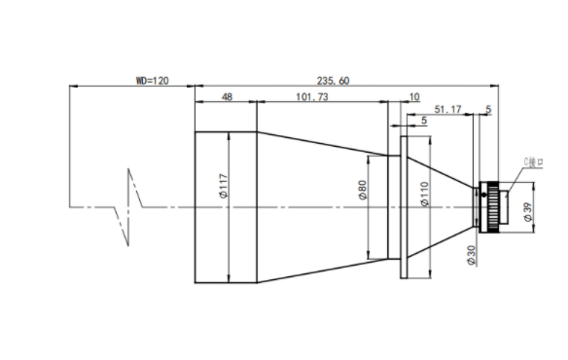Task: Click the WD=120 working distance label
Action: click(152, 81)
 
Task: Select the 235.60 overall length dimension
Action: click(333, 81)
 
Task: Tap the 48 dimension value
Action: click(227, 96)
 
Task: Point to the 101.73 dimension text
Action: click(312, 96)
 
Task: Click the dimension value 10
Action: click(414, 96)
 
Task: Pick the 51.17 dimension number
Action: click(447, 109)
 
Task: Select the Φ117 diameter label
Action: click(224, 186)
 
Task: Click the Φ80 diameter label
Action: click(362, 190)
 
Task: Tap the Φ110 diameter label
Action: click(425, 194)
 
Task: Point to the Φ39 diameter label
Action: click(528, 212)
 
